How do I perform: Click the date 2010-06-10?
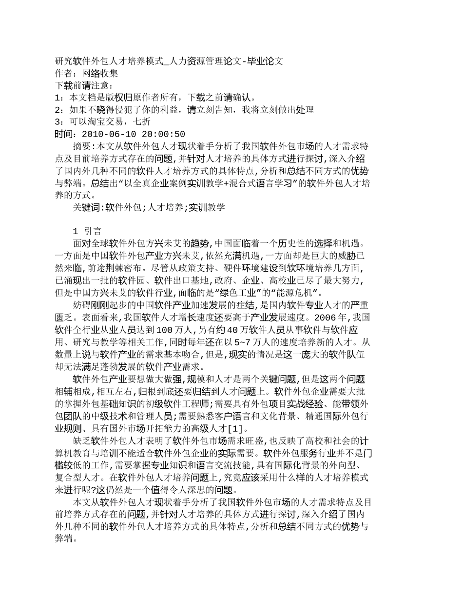tap(110, 134)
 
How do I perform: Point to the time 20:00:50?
tap(164, 134)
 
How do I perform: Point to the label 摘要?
tap(82, 146)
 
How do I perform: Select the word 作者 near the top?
tap(64, 74)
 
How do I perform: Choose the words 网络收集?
tap(100, 74)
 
